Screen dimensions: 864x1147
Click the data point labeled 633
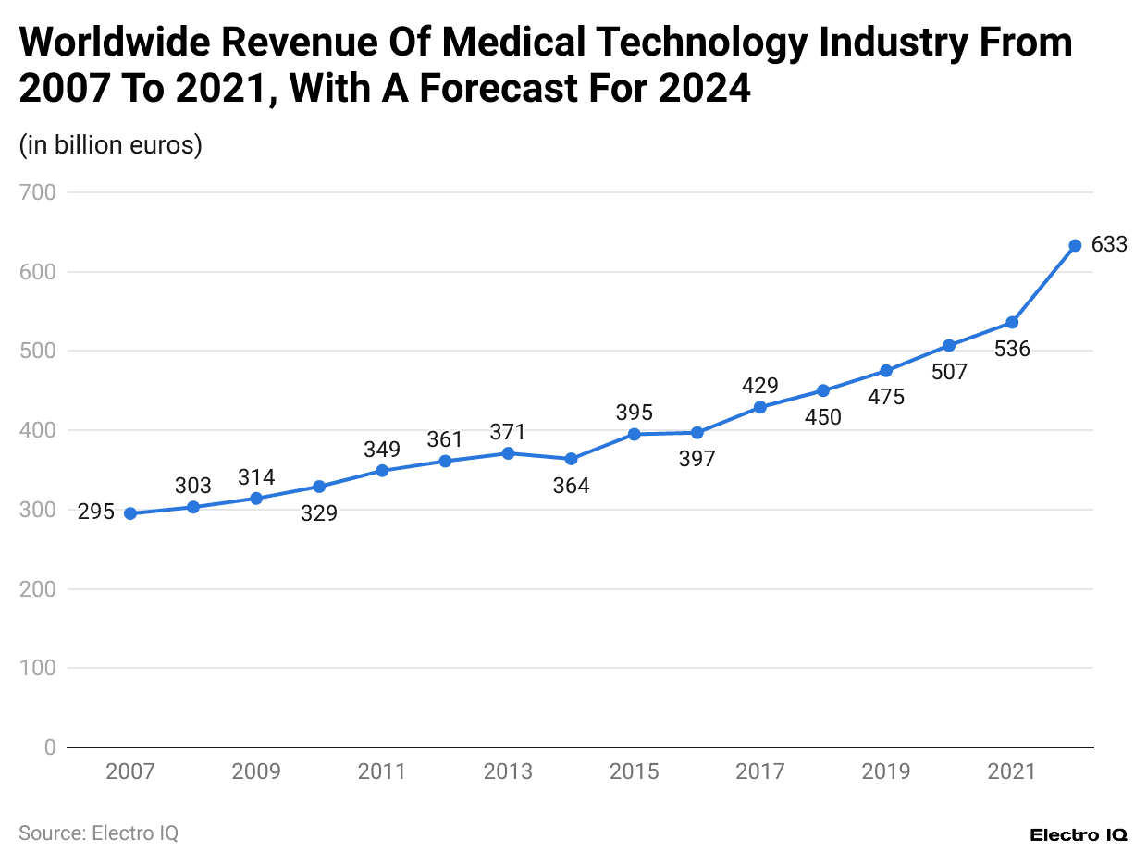[1075, 246]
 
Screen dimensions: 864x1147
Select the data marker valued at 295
[130, 513]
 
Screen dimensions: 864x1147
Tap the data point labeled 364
[571, 459]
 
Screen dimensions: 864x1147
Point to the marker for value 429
[760, 407]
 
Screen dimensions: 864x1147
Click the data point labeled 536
[1012, 323]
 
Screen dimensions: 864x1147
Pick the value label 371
[508, 432]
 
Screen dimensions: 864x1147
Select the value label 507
[949, 372]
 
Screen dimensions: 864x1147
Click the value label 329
[319, 512]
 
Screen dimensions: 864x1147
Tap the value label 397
[697, 459]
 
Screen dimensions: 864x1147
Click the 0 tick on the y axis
[50, 747]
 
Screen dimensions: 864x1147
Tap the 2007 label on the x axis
[130, 771]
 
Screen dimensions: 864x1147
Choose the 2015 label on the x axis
[634, 771]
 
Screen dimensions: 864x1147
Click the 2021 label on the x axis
[1012, 771]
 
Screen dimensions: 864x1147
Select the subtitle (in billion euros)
[110, 145]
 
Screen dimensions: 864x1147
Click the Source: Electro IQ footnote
[98, 833]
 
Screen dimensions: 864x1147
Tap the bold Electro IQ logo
[1078, 834]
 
